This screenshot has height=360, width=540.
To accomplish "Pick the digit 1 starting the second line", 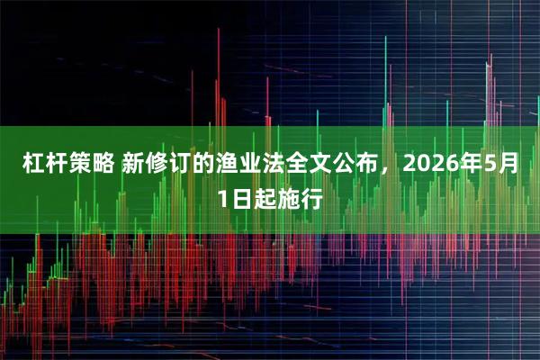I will [223, 199].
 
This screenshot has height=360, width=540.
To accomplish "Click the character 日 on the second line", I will [241, 199].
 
